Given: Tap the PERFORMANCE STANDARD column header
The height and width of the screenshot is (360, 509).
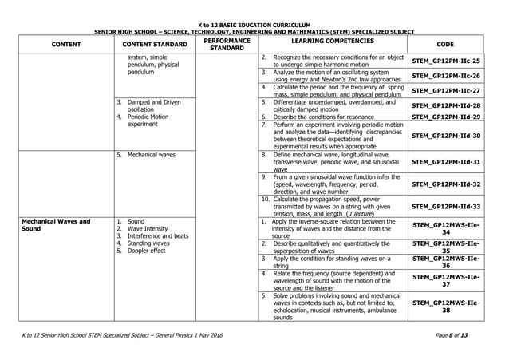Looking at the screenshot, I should (x=227, y=44).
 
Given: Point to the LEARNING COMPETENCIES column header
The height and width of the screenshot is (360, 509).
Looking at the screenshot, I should (x=333, y=40).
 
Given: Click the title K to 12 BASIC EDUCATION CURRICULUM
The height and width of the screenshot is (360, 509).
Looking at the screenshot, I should (x=254, y=26).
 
